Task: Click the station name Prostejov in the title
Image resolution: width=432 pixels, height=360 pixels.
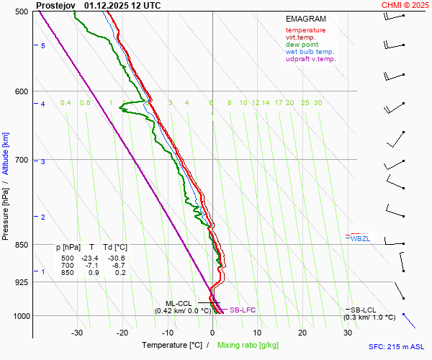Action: coord(56,5)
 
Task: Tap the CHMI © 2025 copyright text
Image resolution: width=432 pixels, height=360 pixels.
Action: coord(406,5)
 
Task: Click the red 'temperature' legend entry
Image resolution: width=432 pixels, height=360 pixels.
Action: coord(305,30)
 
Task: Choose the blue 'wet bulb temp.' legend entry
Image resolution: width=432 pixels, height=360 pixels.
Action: coord(310,52)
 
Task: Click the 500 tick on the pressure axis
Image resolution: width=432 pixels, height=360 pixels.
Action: coord(20,12)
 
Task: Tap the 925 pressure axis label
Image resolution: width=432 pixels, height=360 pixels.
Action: coord(20,282)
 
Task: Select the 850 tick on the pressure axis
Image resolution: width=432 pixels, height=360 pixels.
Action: coord(20,245)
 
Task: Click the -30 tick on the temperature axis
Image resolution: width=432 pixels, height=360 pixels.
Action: coord(78,333)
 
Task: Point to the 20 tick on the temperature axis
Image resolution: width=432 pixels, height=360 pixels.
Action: coord(302,333)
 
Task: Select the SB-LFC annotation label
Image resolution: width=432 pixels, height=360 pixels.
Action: coord(243,310)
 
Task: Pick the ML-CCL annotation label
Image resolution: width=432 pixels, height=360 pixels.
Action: coord(179,303)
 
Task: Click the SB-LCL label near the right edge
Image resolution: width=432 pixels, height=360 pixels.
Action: coord(364,310)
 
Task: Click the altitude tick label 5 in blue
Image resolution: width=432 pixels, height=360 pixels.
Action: coord(43,45)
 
